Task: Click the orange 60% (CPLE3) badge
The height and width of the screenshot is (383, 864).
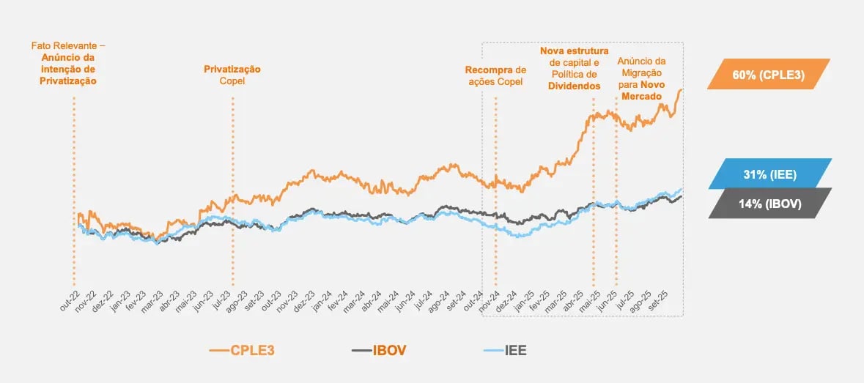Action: click(769, 74)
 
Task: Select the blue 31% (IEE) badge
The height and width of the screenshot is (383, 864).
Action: click(769, 174)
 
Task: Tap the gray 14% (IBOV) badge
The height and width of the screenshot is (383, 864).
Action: click(769, 204)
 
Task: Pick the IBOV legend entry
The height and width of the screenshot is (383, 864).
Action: click(379, 351)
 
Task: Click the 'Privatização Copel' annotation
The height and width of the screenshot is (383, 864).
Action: click(232, 75)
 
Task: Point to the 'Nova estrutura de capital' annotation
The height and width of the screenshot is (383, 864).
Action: click(575, 68)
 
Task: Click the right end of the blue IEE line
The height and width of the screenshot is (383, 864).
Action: click(682, 189)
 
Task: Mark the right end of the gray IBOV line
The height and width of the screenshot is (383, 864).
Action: click(682, 196)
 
